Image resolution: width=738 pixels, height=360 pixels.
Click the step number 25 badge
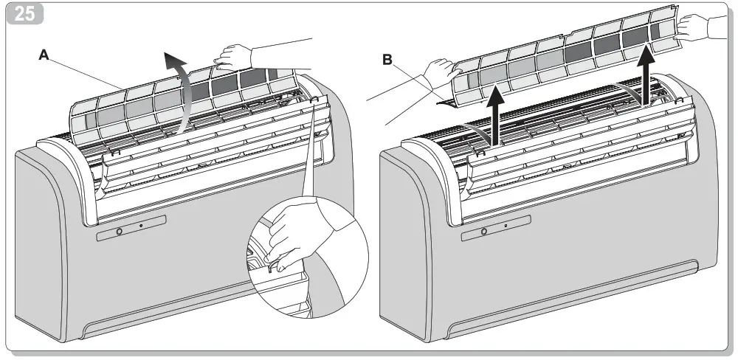[x=24, y=14]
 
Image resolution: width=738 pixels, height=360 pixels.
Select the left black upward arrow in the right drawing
[x=495, y=114]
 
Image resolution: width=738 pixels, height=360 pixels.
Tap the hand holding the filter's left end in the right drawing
[x=441, y=74]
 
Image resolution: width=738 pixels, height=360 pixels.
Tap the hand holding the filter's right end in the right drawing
[x=692, y=27]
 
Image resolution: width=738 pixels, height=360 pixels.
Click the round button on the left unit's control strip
[x=120, y=232]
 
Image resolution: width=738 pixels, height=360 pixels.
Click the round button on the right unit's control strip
[x=484, y=232]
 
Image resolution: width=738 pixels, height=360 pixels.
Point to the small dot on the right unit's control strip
[x=506, y=226]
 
